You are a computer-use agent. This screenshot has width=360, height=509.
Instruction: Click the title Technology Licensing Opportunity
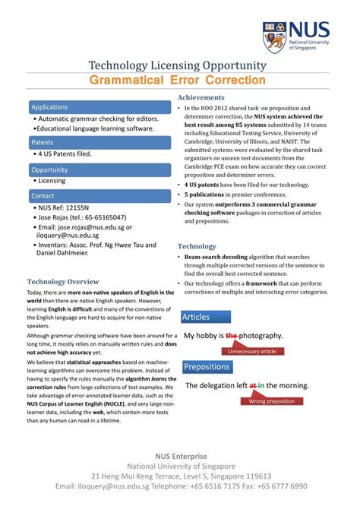178,65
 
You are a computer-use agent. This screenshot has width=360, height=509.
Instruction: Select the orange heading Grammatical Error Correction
178,80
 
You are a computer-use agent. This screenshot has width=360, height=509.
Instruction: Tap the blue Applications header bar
98,107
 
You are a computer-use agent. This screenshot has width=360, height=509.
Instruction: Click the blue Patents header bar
98,142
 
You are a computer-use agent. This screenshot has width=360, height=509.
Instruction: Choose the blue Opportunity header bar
98,169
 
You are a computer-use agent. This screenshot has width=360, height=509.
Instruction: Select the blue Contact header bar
98,196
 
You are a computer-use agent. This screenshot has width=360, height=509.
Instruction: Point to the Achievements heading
201,98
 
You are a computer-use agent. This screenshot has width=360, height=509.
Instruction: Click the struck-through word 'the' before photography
232,335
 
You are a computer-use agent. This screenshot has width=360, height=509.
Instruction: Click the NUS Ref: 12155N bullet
64,207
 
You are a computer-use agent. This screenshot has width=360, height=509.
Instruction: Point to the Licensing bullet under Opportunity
52,181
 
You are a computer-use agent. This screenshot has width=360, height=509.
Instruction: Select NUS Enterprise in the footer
179,454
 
